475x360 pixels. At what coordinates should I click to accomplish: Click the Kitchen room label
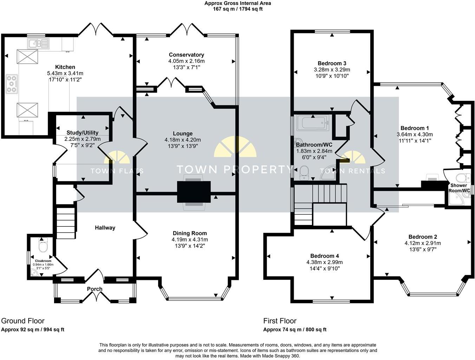click(65, 67)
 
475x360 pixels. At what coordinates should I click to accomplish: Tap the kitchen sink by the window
click(38, 44)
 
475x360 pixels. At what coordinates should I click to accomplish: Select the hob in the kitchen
click(12, 84)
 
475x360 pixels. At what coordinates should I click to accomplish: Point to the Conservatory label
click(186, 55)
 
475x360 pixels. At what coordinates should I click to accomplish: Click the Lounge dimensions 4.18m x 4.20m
click(183, 140)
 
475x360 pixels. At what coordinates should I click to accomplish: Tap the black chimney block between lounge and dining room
click(194, 192)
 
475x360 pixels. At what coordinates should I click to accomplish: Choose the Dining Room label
click(190, 233)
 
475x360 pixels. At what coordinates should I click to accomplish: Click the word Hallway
click(105, 228)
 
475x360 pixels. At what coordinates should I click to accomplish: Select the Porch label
click(95, 289)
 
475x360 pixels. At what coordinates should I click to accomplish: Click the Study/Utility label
click(82, 133)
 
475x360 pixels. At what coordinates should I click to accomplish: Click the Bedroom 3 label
click(332, 63)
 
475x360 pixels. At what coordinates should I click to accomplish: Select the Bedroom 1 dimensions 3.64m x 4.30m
click(415, 134)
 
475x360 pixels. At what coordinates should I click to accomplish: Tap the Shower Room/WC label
click(459, 188)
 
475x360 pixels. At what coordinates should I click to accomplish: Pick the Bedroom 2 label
click(423, 237)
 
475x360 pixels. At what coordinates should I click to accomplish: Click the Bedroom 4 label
click(324, 256)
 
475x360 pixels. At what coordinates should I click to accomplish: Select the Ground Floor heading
click(23, 321)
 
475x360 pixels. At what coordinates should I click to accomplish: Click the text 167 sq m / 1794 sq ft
click(237, 9)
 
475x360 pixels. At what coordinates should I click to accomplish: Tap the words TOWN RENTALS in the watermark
click(352, 171)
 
